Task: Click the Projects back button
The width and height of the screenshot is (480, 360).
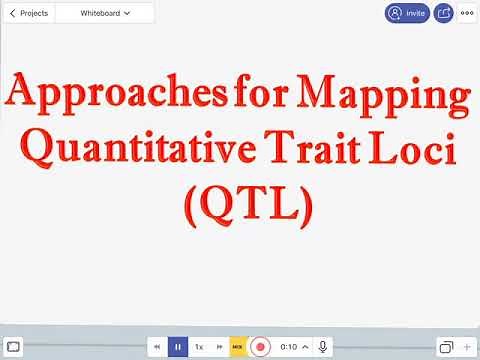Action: click(x=28, y=13)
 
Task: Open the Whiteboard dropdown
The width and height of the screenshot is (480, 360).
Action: click(x=105, y=13)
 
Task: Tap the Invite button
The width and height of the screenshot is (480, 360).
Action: click(x=407, y=13)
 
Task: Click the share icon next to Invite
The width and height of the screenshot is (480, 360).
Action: click(x=443, y=13)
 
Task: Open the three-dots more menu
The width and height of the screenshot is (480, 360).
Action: click(x=467, y=13)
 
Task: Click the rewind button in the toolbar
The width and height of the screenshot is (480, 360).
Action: click(x=157, y=346)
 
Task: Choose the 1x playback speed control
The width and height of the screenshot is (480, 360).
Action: click(x=199, y=346)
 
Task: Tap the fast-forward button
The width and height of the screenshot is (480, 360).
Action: click(x=220, y=346)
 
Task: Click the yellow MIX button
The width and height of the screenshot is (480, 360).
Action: click(x=238, y=346)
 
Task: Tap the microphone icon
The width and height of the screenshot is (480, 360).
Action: click(x=323, y=346)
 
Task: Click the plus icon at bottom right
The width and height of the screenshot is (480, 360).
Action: click(x=467, y=346)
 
